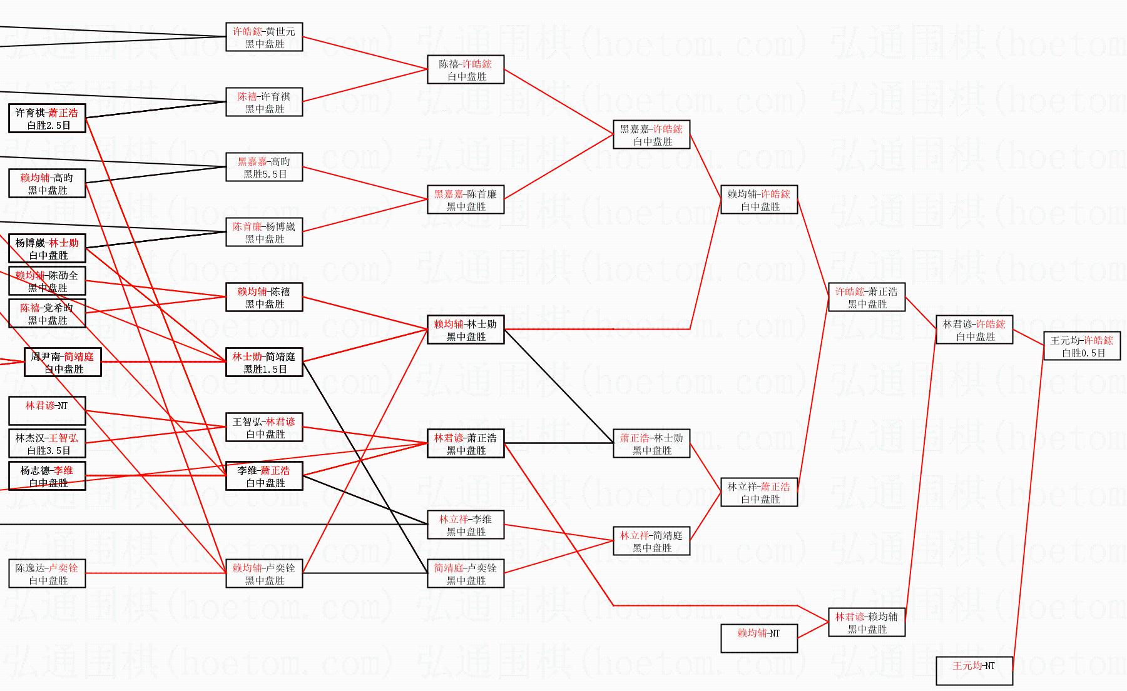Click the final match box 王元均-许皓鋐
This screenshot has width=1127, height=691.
tap(1081, 346)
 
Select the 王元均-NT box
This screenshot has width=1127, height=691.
tap(974, 670)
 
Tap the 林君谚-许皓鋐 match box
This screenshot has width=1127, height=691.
tap(974, 330)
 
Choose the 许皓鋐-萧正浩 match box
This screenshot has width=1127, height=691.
tap(867, 298)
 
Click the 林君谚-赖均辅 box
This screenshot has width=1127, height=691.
tap(867, 623)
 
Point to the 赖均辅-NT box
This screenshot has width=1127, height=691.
tap(759, 638)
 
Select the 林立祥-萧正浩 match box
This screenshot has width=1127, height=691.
tap(759, 493)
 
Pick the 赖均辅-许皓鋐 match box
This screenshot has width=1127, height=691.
tap(759, 200)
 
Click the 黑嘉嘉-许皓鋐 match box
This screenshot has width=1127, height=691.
tap(651, 135)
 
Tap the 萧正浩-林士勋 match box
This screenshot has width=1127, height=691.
tap(651, 444)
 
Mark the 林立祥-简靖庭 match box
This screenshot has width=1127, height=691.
tap(651, 542)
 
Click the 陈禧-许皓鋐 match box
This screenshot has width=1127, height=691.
tap(466, 70)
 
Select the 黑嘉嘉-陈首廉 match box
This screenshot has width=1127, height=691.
tap(466, 200)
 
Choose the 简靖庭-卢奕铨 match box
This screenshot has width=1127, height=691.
tap(466, 574)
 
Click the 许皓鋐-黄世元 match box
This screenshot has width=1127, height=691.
tap(264, 38)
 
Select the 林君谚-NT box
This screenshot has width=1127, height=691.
tap(47, 411)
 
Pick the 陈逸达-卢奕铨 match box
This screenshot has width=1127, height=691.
tap(47, 574)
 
